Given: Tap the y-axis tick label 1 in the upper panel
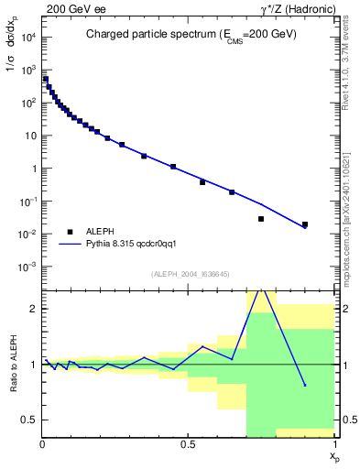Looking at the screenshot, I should (x=34, y=169).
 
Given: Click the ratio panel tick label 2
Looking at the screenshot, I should (x=34, y=309).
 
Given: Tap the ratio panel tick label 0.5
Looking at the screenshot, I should (x=29, y=420).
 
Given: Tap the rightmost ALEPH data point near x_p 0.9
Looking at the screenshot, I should (x=305, y=224).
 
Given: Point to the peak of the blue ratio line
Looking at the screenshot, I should (x=262, y=289).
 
